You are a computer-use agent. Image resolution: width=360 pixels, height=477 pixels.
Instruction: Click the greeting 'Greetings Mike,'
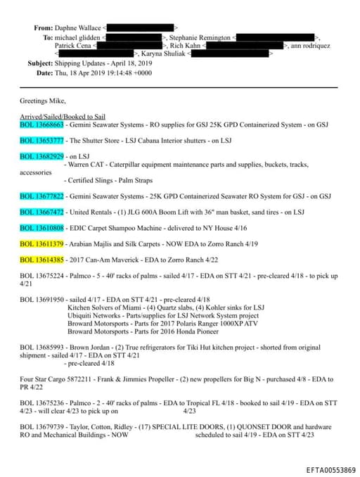click(x=42, y=100)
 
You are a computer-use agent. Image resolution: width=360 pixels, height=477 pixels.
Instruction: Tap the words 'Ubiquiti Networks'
click(x=94, y=316)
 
